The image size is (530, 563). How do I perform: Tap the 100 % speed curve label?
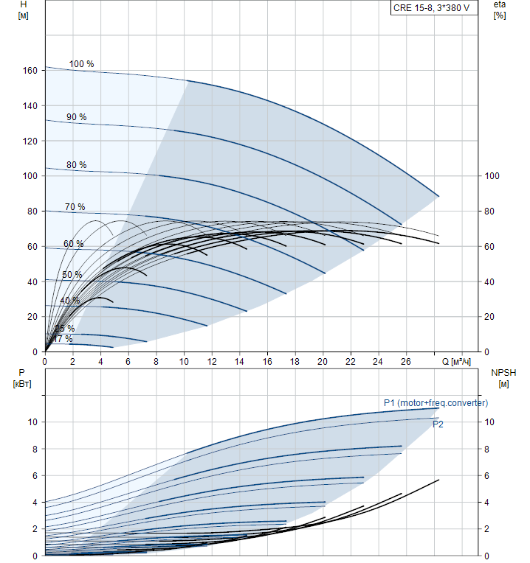pos(81,64)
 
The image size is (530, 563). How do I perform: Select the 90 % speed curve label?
pos(76,117)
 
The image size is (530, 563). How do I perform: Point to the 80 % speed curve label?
pos(76,165)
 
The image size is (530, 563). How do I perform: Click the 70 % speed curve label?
pos(75,207)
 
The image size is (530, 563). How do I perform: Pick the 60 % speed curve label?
pos(73,244)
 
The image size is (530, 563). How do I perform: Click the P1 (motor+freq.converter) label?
pos(436,403)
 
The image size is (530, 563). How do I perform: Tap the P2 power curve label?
pos(438,424)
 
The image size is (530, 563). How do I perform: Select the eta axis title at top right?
pos(500,10)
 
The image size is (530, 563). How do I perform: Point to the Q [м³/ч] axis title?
pos(456,362)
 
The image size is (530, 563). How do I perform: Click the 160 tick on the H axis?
pos(30,71)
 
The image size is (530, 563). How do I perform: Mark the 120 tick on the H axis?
pos(30,141)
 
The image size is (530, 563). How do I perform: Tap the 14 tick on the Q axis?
pos(239,361)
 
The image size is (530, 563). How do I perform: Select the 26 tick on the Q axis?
pos(405,361)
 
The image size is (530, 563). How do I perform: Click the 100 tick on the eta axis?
pos(492,176)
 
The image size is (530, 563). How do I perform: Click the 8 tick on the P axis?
pos(34,449)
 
